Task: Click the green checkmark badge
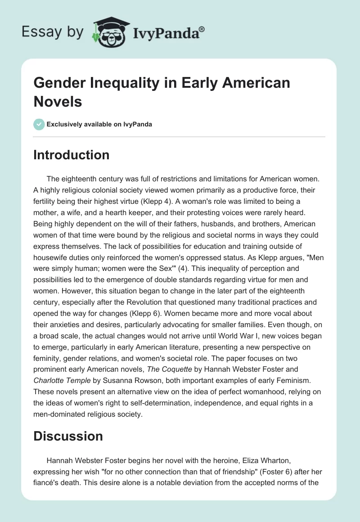(39, 124)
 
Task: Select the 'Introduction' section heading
(71, 155)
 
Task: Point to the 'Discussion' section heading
(68, 436)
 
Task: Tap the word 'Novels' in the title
(58, 102)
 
